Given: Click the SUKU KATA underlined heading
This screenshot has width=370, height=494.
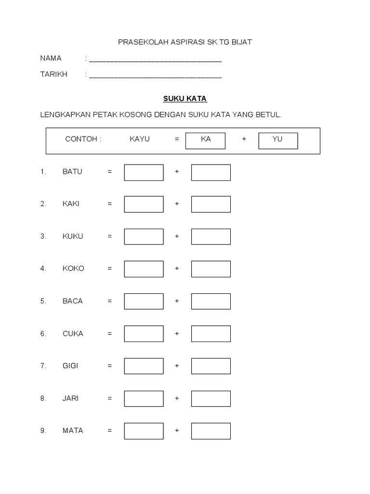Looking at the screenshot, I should pyautogui.click(x=185, y=98).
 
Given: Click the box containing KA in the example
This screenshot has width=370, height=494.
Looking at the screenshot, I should pyautogui.click(x=206, y=140).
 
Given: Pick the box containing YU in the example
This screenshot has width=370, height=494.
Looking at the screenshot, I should pyautogui.click(x=278, y=140).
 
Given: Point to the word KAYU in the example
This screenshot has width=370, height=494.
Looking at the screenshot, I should pyautogui.click(x=140, y=139).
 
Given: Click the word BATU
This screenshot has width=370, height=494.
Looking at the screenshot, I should pyautogui.click(x=72, y=172).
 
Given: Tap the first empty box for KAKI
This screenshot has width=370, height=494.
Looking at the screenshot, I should pyautogui.click(x=144, y=204).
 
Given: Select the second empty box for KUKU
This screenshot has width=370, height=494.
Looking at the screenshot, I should pyautogui.click(x=211, y=236).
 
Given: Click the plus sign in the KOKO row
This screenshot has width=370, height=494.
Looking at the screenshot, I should pyautogui.click(x=177, y=269).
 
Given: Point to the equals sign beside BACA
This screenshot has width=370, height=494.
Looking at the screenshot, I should pyautogui.click(x=110, y=301).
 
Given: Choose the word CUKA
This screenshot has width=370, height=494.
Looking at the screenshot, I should pyautogui.click(x=73, y=333).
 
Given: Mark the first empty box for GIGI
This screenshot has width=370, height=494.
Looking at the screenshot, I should pyautogui.click(x=144, y=366).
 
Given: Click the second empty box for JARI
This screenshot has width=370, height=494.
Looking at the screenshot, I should pyautogui.click(x=211, y=398).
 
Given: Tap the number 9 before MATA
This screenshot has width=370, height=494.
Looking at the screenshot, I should pyautogui.click(x=43, y=431).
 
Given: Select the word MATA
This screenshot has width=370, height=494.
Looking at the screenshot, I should pyautogui.click(x=73, y=430).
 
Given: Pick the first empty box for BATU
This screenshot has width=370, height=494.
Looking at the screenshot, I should pyautogui.click(x=144, y=172).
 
